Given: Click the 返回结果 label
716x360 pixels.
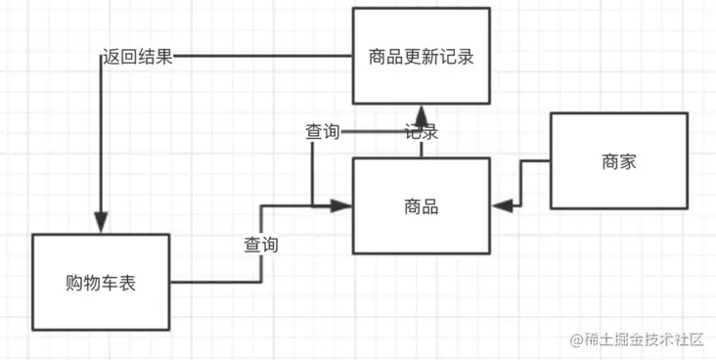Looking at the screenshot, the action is pyautogui.click(x=138, y=58).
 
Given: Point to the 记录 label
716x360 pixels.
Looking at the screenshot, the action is pyautogui.click(x=421, y=131).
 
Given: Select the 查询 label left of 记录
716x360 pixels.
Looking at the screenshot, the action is pyautogui.click(x=323, y=132).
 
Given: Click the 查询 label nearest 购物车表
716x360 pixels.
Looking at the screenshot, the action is pyautogui.click(x=261, y=245).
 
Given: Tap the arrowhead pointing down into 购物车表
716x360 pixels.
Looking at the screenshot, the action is pyautogui.click(x=101, y=223).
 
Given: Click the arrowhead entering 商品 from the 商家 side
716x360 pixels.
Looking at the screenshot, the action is pyautogui.click(x=503, y=206).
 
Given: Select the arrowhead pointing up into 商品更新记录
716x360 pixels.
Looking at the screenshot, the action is pyautogui.click(x=421, y=114).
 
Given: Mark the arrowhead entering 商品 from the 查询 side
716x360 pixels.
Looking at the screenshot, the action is pyautogui.click(x=341, y=206).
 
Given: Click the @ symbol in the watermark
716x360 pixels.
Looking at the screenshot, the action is pyautogui.click(x=576, y=339).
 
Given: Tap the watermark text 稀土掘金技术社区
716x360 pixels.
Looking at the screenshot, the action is pyautogui.click(x=644, y=339).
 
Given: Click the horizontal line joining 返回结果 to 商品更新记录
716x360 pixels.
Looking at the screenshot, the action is pyautogui.click(x=262, y=56).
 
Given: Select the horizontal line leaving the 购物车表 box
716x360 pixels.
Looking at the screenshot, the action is pyautogui.click(x=215, y=282).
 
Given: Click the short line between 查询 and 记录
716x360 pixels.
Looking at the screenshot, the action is pyautogui.click(x=373, y=132).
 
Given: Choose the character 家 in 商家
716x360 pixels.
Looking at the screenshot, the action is pyautogui.click(x=628, y=162).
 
